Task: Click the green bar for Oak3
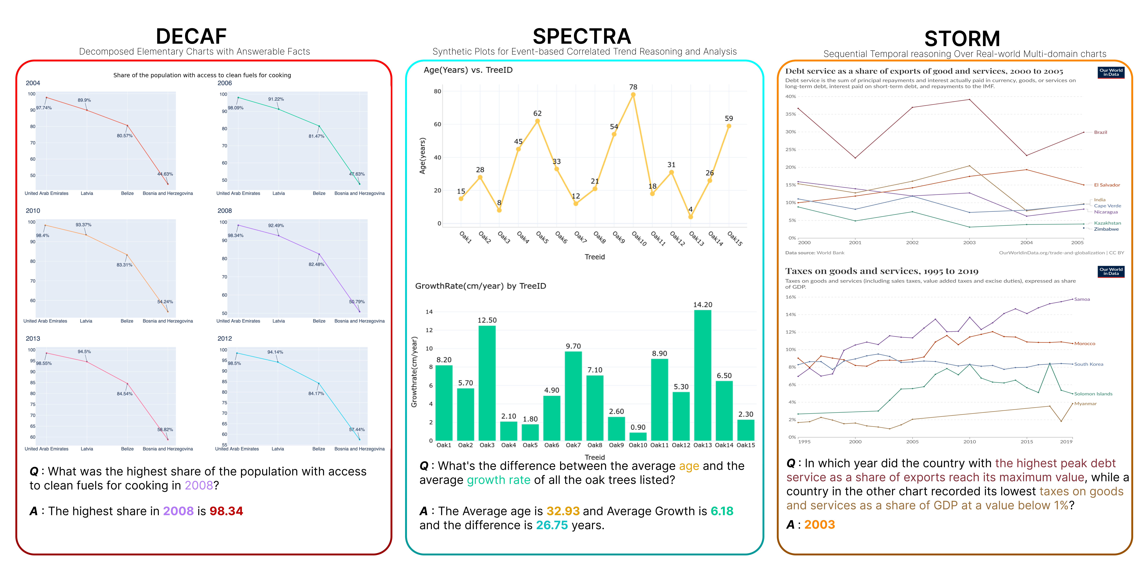[x=487, y=383]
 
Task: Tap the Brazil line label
[x=1100, y=132]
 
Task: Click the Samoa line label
[x=1082, y=299]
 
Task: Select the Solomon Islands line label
[x=1093, y=394]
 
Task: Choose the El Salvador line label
[x=1107, y=185]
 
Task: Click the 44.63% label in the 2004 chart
[x=165, y=174]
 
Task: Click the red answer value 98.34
[x=226, y=511]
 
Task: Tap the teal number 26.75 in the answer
[x=552, y=525]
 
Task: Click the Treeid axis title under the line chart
[x=595, y=257]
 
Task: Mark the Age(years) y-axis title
[x=422, y=156]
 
